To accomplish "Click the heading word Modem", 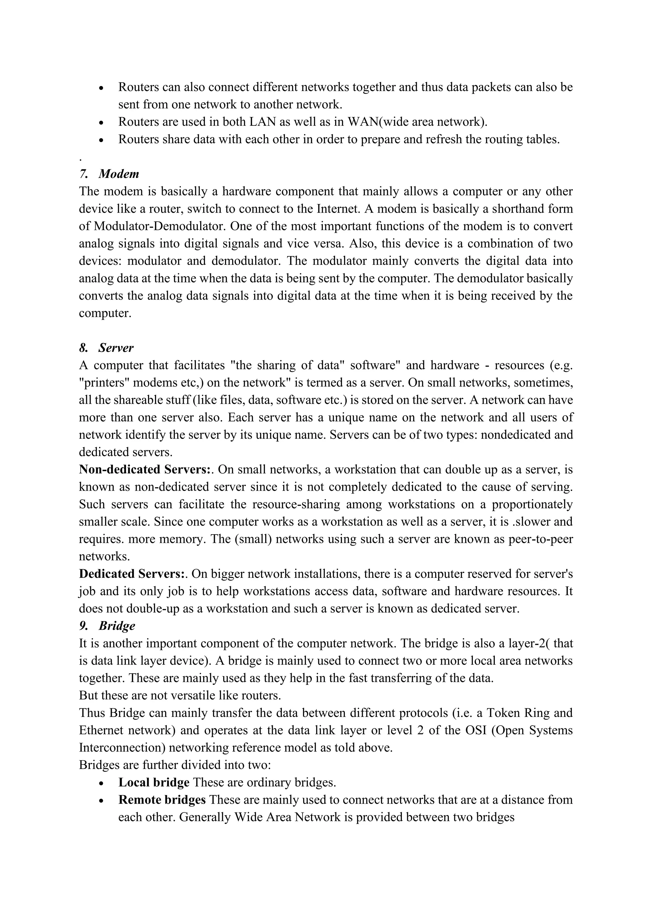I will click(x=119, y=174).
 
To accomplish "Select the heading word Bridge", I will click(x=117, y=626).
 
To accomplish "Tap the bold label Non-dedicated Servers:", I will click(x=145, y=469).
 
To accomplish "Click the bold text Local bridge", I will click(x=154, y=783).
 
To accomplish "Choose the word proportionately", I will click(x=532, y=504).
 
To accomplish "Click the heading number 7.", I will click(x=83, y=174).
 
